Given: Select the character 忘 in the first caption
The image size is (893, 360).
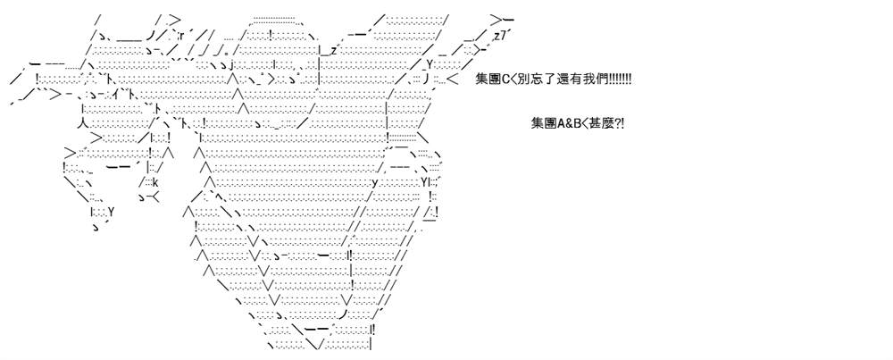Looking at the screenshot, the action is point(534,80).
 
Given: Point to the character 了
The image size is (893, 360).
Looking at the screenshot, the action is point(546,80).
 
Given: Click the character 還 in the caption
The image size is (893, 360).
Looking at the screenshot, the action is point(557,80).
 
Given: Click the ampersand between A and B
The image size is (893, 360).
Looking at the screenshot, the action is point(567,123).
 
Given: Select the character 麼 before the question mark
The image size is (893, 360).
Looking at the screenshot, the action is point(605,123).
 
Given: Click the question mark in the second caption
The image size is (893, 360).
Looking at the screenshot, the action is point(615,123).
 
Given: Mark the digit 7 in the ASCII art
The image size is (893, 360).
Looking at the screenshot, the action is point(501,37).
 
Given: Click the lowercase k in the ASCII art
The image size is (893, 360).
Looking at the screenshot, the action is point(154,183).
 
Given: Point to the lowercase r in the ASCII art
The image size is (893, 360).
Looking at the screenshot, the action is point(180,32).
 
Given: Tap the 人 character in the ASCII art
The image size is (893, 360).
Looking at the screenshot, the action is point(82,123).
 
